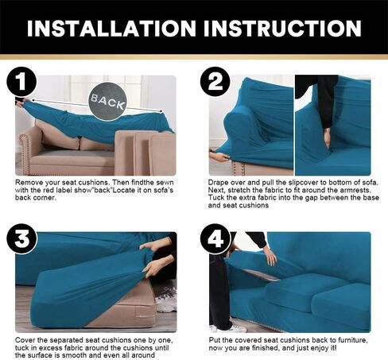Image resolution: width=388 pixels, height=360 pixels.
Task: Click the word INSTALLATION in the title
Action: coord(111,29)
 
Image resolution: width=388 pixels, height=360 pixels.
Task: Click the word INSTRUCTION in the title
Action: coord(282,29)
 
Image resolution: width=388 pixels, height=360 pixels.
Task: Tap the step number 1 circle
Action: coord(21,82)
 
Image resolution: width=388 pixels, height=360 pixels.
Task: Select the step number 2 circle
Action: coord(215,82)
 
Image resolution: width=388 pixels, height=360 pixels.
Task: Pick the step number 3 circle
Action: coord(21,239)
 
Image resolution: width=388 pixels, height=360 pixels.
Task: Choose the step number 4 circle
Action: coord(215,239)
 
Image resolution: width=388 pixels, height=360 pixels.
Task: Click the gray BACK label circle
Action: coord(107,102)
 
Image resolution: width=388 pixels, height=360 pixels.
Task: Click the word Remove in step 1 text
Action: coord(29,183)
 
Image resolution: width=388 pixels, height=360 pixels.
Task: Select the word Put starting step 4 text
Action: coord(215,340)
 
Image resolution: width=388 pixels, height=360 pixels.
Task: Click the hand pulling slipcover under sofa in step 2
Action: coord(219,156)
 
